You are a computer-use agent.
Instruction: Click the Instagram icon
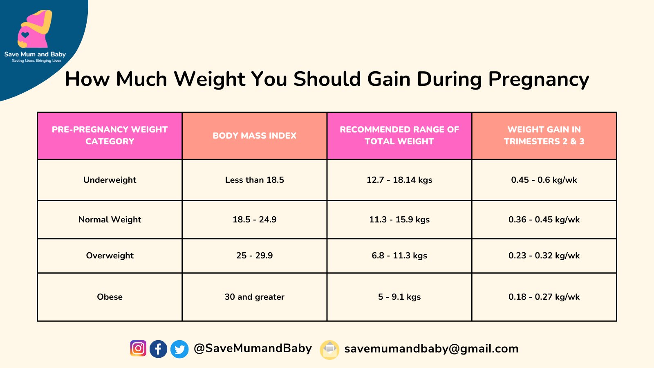pyautogui.click(x=138, y=348)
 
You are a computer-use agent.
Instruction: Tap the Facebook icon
pyautogui.click(x=158, y=349)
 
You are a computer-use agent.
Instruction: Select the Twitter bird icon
pyautogui.click(x=179, y=349)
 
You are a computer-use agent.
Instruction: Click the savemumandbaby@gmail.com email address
pyautogui.click(x=431, y=349)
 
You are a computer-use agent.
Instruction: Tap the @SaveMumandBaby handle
pyautogui.click(x=253, y=348)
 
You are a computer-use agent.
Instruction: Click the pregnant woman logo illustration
pyautogui.click(x=34, y=29)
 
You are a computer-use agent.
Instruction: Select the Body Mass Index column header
pyautogui.click(x=254, y=136)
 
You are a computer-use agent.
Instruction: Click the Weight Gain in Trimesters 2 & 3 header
pyautogui.click(x=544, y=135)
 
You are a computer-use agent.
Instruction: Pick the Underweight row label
pyautogui.click(x=110, y=180)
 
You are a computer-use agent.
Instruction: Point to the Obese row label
pyautogui.click(x=110, y=297)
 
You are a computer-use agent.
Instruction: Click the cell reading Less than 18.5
pyautogui.click(x=254, y=180)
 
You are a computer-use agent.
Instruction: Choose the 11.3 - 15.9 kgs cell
pyautogui.click(x=399, y=220)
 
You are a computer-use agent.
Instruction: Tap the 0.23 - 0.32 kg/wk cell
pyautogui.click(x=544, y=256)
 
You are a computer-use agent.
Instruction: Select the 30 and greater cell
pyautogui.click(x=254, y=297)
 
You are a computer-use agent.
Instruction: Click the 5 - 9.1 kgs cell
pyautogui.click(x=399, y=297)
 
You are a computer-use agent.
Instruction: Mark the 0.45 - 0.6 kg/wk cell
pyautogui.click(x=544, y=180)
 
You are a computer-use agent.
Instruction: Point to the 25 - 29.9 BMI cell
pyautogui.click(x=254, y=256)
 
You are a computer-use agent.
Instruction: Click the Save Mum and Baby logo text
pyautogui.click(x=35, y=54)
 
